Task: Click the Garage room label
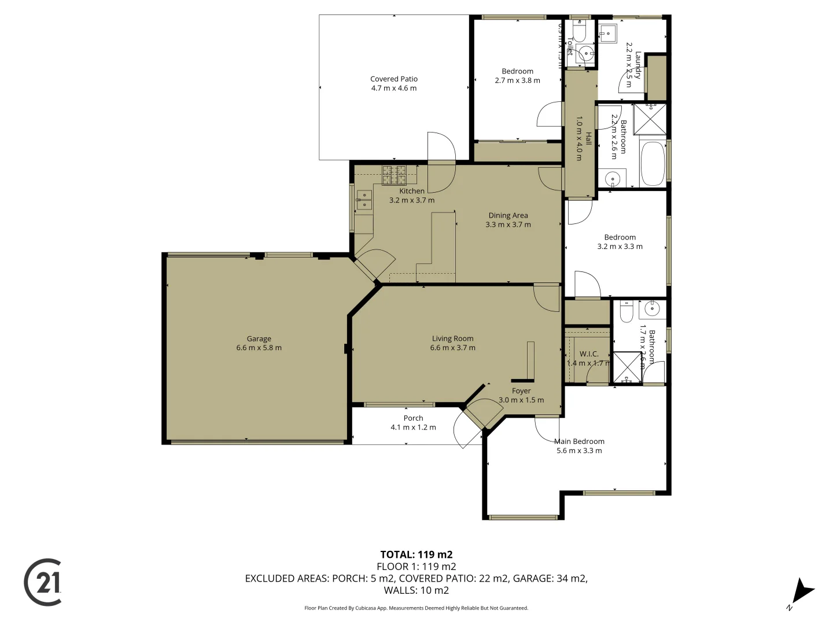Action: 259,339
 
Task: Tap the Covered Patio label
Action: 393,79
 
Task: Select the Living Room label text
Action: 452,339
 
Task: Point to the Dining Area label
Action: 508,215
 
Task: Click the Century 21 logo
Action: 43,582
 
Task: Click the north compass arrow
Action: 802,592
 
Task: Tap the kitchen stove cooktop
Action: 394,172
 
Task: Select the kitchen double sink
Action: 364,199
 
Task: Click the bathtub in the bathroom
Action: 653,164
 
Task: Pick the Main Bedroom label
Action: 579,441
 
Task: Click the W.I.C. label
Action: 589,354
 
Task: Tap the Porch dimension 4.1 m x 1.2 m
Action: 413,428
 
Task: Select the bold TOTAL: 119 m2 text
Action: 416,554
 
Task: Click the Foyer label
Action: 521,391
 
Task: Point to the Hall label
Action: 588,138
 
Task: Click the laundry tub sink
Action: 607,33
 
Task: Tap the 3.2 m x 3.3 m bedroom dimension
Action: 620,247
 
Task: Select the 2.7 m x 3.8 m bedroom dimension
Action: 517,80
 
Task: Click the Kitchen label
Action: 412,191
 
